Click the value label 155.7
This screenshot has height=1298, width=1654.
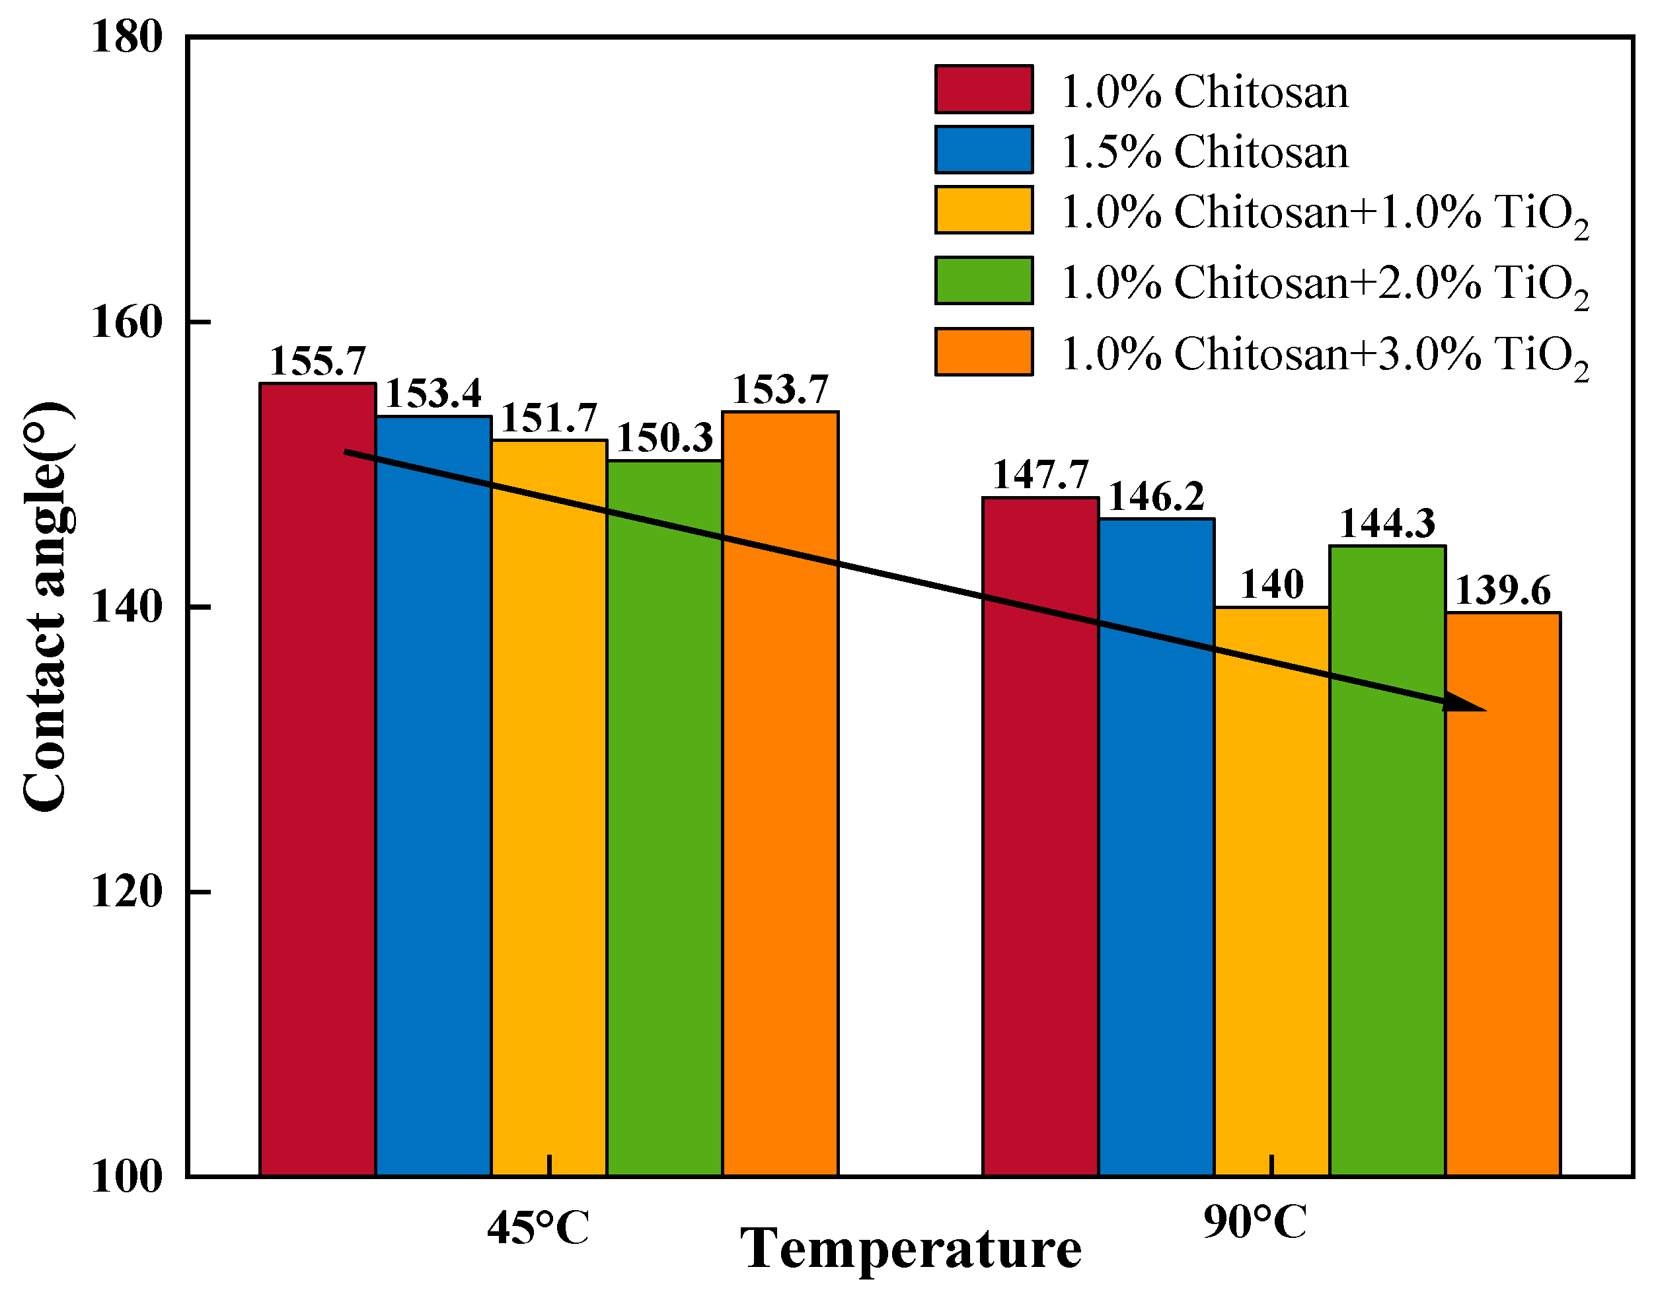click(x=318, y=361)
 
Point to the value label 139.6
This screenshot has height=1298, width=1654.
click(x=1502, y=591)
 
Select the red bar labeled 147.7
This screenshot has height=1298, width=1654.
click(x=1040, y=836)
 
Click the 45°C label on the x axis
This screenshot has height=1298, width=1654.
click(x=538, y=1228)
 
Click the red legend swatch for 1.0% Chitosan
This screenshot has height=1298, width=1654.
click(x=983, y=90)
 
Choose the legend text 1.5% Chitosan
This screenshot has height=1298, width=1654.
click(x=1204, y=151)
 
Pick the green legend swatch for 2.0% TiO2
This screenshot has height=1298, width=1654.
click(x=983, y=281)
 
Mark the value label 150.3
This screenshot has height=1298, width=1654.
click(x=664, y=439)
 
